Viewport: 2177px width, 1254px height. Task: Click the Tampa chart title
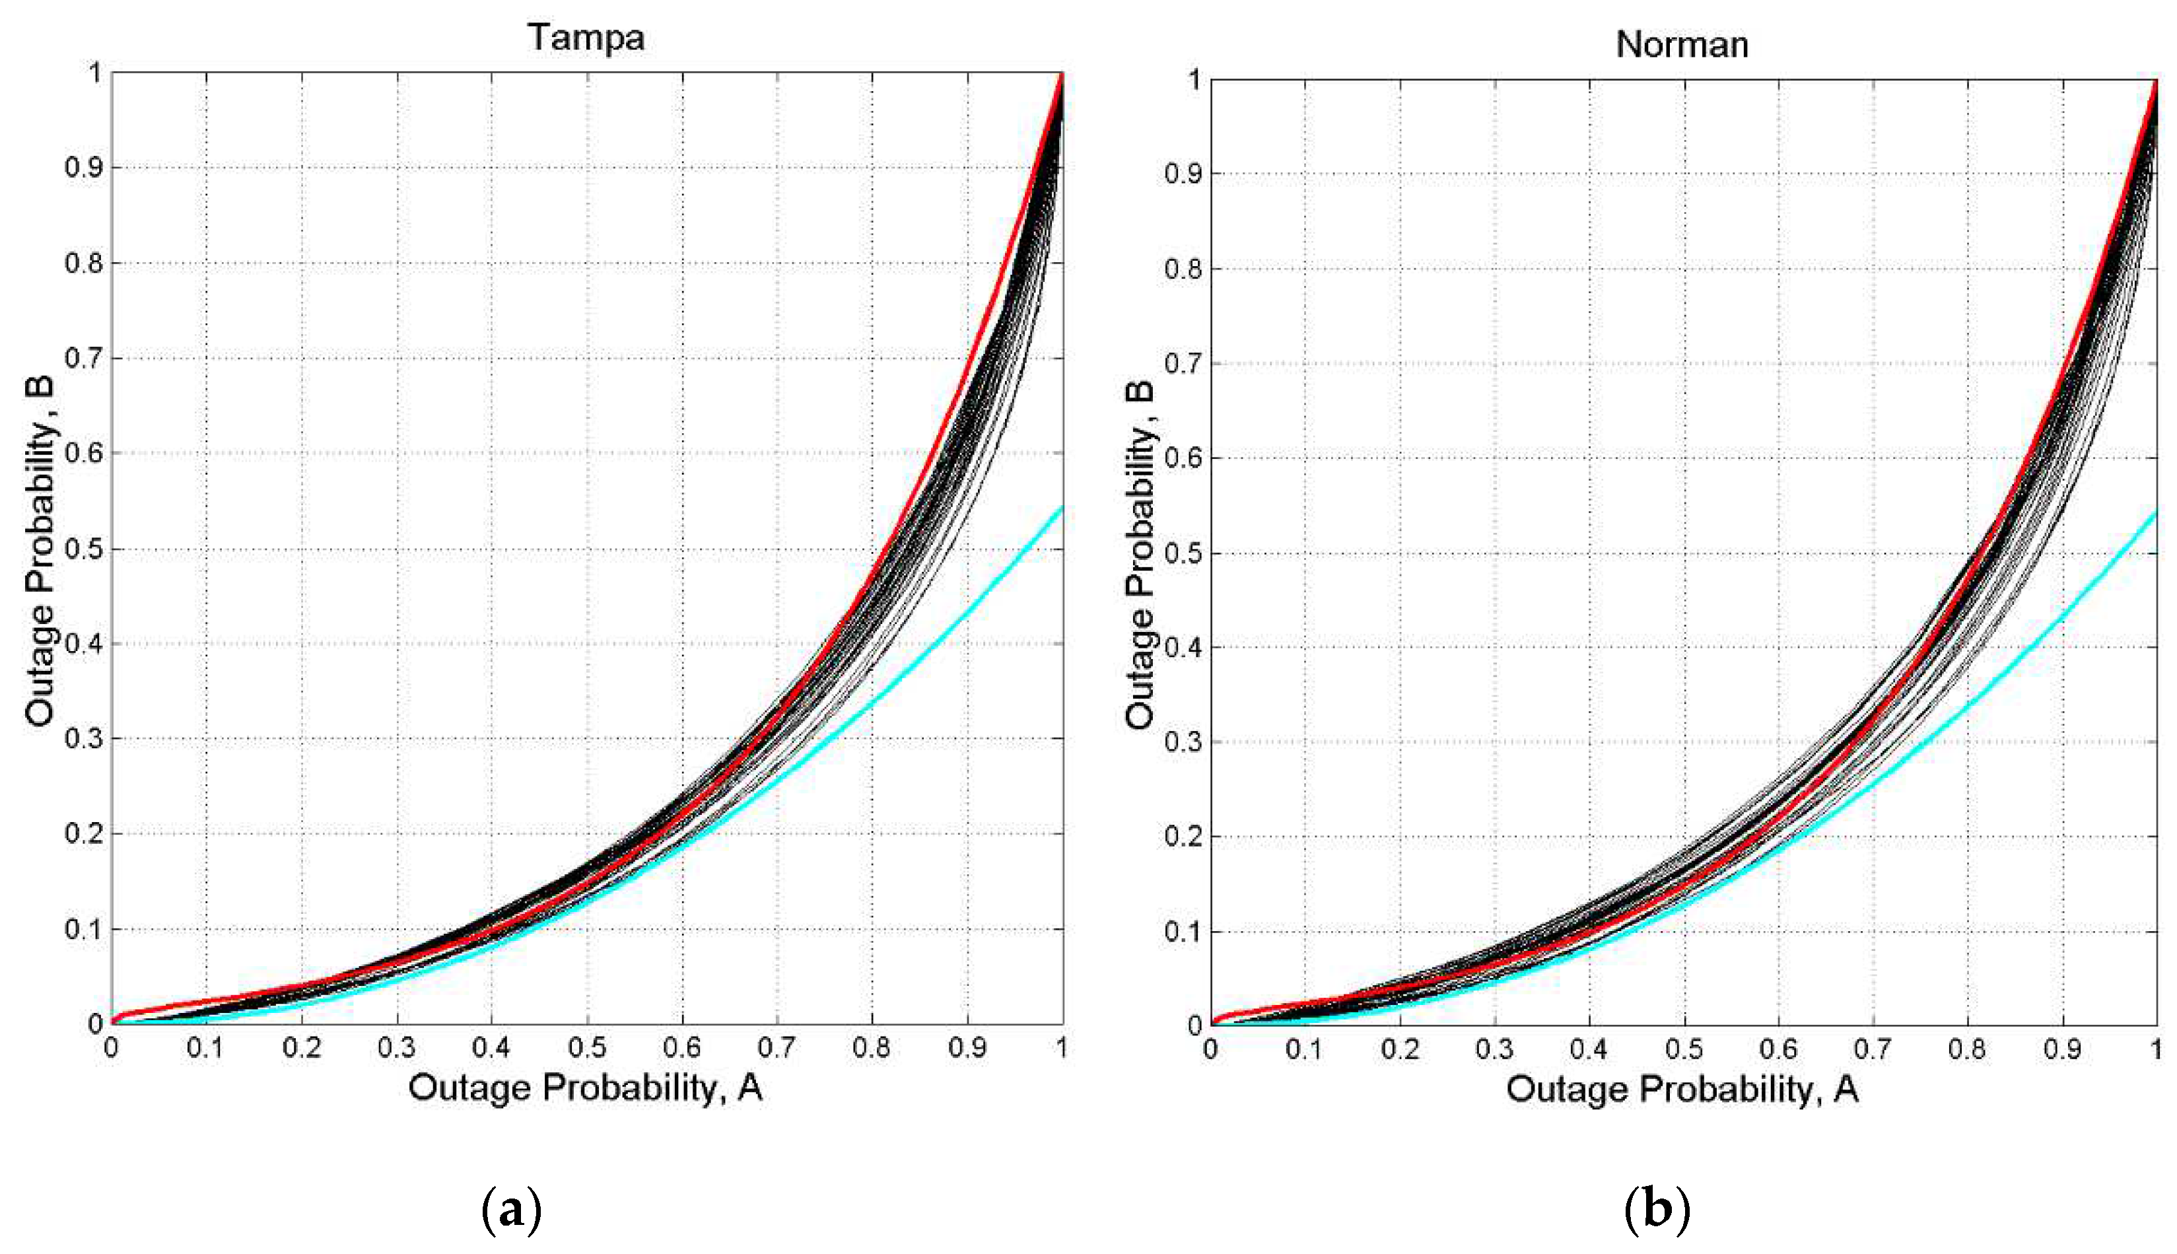coord(586,37)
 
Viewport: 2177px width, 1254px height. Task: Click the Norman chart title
coord(1681,44)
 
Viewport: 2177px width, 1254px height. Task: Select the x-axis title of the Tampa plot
coord(586,1088)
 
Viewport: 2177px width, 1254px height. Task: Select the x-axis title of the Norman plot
coord(1682,1090)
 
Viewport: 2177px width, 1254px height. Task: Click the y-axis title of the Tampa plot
coord(40,551)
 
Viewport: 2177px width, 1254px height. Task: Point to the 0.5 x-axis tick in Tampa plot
coord(586,1048)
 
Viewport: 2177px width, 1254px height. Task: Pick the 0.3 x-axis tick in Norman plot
coord(1494,1049)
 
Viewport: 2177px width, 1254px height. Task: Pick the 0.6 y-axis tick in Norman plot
coord(1183,458)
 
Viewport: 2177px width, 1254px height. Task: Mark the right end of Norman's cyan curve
coord(2155,512)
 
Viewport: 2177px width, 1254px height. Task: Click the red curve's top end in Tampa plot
coord(1062,76)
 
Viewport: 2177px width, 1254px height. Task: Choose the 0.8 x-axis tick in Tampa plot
coord(872,1048)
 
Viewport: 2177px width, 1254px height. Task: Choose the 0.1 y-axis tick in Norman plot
coord(1183,931)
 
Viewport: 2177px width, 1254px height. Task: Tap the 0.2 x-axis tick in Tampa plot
coord(301,1048)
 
